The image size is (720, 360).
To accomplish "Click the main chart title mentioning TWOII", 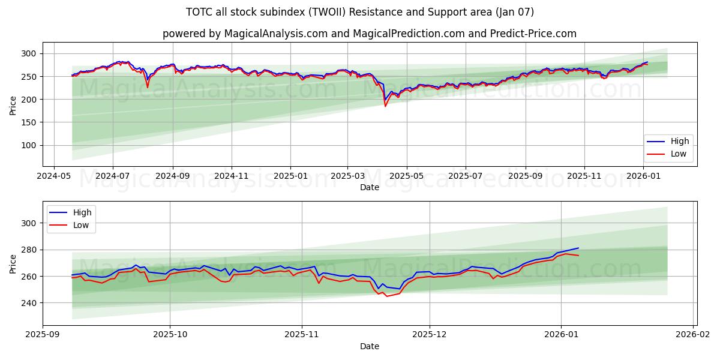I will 360,12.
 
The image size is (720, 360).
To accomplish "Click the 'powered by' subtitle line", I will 369,34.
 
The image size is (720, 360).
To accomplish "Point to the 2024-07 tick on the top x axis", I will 113,176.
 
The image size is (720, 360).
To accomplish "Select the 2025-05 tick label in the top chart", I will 407,176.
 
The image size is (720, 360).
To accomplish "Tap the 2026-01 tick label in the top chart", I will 643,176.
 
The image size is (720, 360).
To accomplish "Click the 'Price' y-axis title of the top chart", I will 13,106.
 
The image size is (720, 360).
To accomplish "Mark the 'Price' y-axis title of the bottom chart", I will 13,263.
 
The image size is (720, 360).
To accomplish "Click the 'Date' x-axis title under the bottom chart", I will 369,346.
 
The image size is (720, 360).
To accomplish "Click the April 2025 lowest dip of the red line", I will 385,106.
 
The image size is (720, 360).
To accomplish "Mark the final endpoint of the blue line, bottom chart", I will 578,248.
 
